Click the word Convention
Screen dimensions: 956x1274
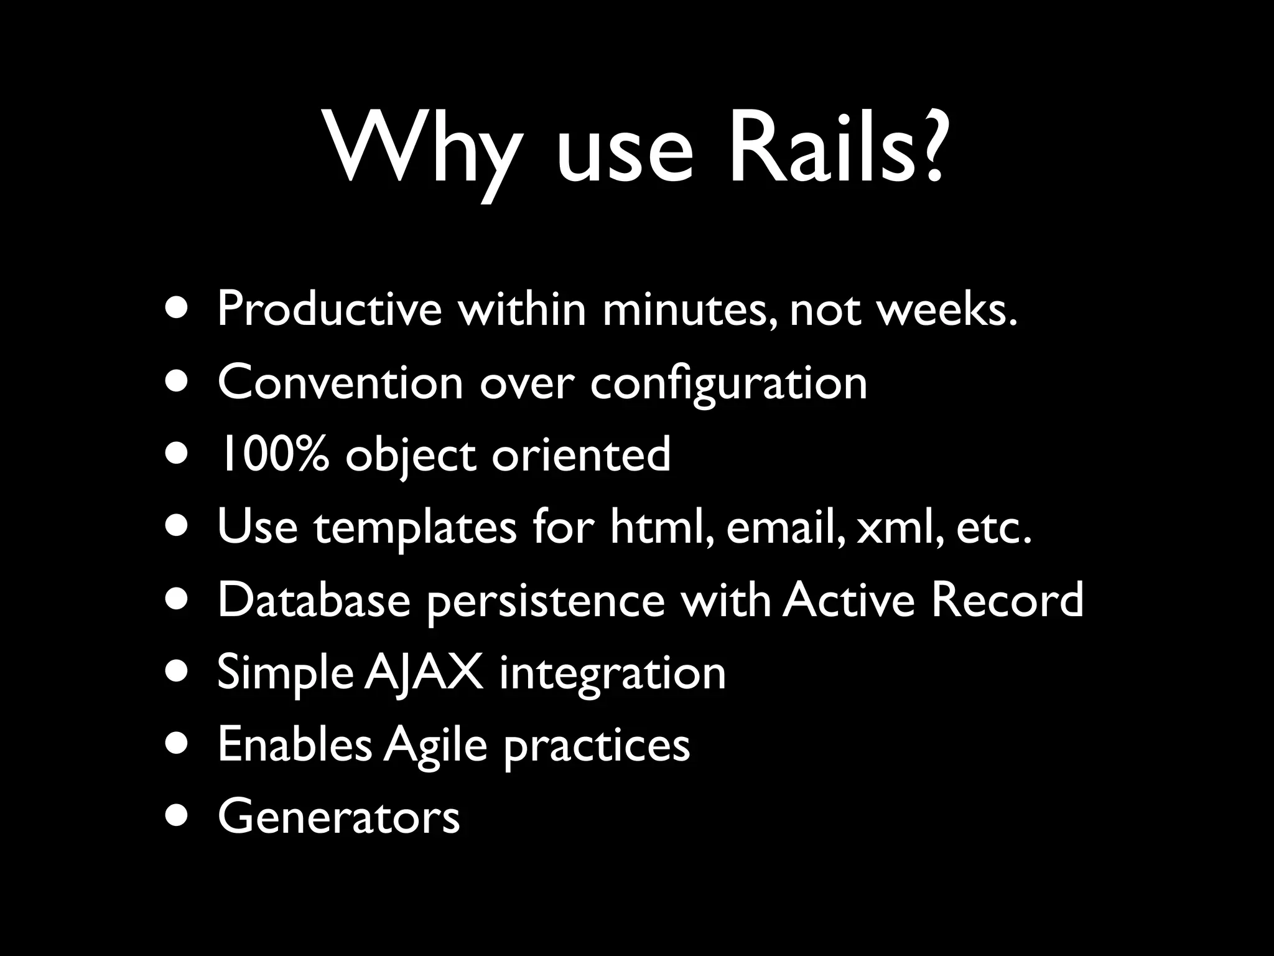340,382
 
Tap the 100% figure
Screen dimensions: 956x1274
272,454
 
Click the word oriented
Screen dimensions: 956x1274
581,454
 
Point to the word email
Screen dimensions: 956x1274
785,527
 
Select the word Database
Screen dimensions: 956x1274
314,600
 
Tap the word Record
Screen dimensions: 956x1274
1007,600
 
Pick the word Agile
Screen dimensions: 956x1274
435,746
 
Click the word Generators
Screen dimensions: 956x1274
338,817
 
